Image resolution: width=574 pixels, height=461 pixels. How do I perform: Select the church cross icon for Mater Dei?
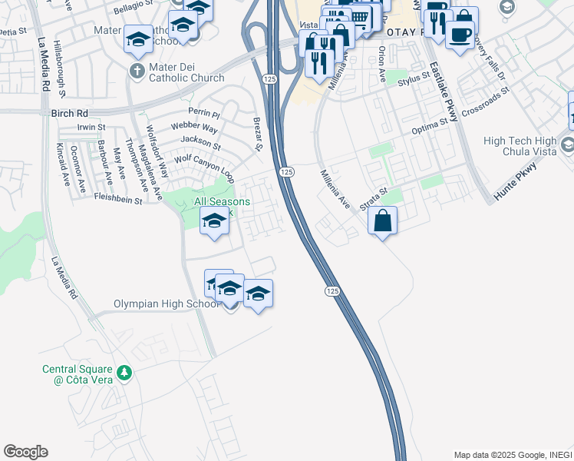(136, 71)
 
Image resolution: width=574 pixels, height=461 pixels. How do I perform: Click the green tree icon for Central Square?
(124, 374)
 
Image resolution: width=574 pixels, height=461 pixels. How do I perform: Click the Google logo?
(25, 451)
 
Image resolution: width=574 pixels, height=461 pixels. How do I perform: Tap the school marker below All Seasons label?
(214, 221)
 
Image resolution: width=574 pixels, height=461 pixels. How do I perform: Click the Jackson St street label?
(200, 141)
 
